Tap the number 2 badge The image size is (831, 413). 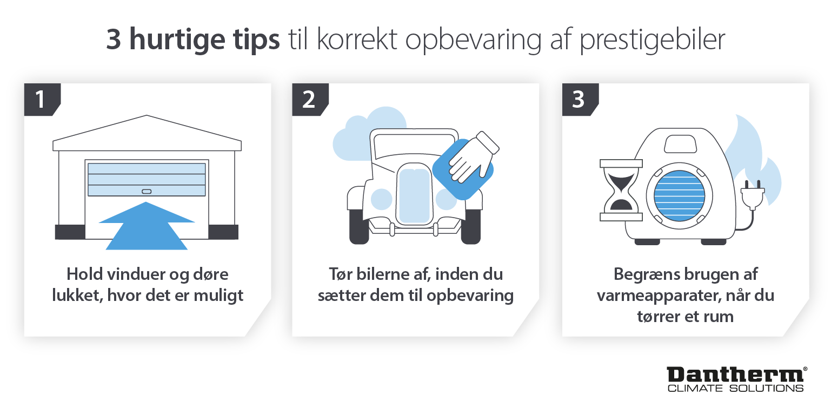308,100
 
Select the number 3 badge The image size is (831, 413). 578,100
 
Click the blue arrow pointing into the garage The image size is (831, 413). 147,227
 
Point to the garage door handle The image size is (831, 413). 147,191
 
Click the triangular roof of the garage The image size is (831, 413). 147,130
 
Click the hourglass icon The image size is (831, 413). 621,190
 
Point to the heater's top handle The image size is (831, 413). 681,144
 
